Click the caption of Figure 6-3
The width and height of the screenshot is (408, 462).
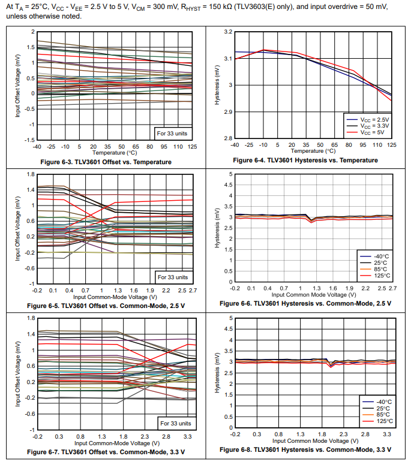106,162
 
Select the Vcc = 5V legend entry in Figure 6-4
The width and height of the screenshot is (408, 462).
374,132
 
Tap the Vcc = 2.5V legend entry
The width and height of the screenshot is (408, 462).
374,119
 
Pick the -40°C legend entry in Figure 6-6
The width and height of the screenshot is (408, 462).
382,256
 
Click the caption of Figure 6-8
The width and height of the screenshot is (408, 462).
305,449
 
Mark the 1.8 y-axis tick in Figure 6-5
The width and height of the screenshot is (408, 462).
28,174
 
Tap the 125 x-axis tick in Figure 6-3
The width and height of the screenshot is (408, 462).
192,146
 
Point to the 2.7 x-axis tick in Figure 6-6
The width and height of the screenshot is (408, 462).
392,289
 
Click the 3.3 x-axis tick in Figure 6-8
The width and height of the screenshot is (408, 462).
388,433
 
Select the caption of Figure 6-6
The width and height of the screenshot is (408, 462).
305,303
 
